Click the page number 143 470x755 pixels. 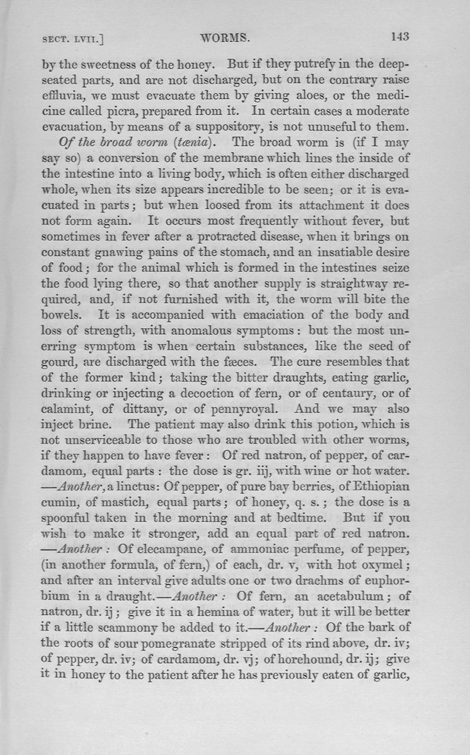(x=399, y=36)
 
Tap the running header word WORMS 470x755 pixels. (x=225, y=38)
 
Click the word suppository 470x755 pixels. (x=223, y=126)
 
